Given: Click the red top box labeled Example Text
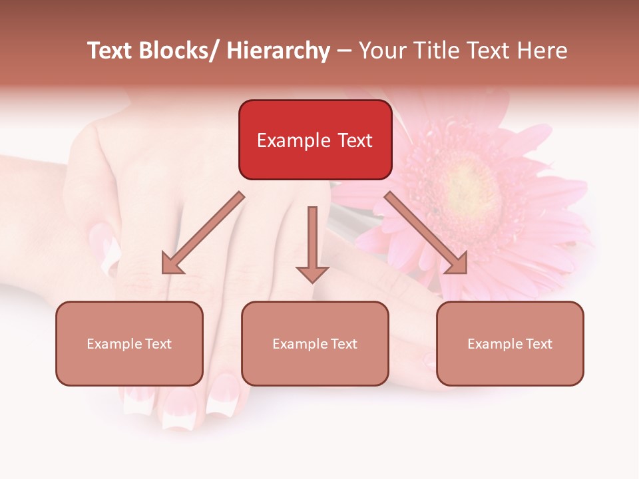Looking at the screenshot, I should pos(315,140).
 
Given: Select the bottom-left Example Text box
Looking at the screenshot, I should pos(129,343).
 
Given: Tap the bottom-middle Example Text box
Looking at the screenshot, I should pos(315,343).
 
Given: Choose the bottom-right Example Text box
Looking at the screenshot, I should pos(510,343).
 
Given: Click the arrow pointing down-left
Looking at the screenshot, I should pos(203,233).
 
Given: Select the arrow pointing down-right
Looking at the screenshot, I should pos(426,233).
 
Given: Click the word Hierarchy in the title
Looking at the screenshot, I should pos(278,51).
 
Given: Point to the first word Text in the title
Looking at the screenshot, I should pos(111,51).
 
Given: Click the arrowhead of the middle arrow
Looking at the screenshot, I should pos(312,273).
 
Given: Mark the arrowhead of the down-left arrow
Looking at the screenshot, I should pos(172,263).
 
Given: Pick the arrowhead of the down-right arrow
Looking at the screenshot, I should pos(457,263).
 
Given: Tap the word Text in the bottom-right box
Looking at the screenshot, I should pos(538,343).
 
